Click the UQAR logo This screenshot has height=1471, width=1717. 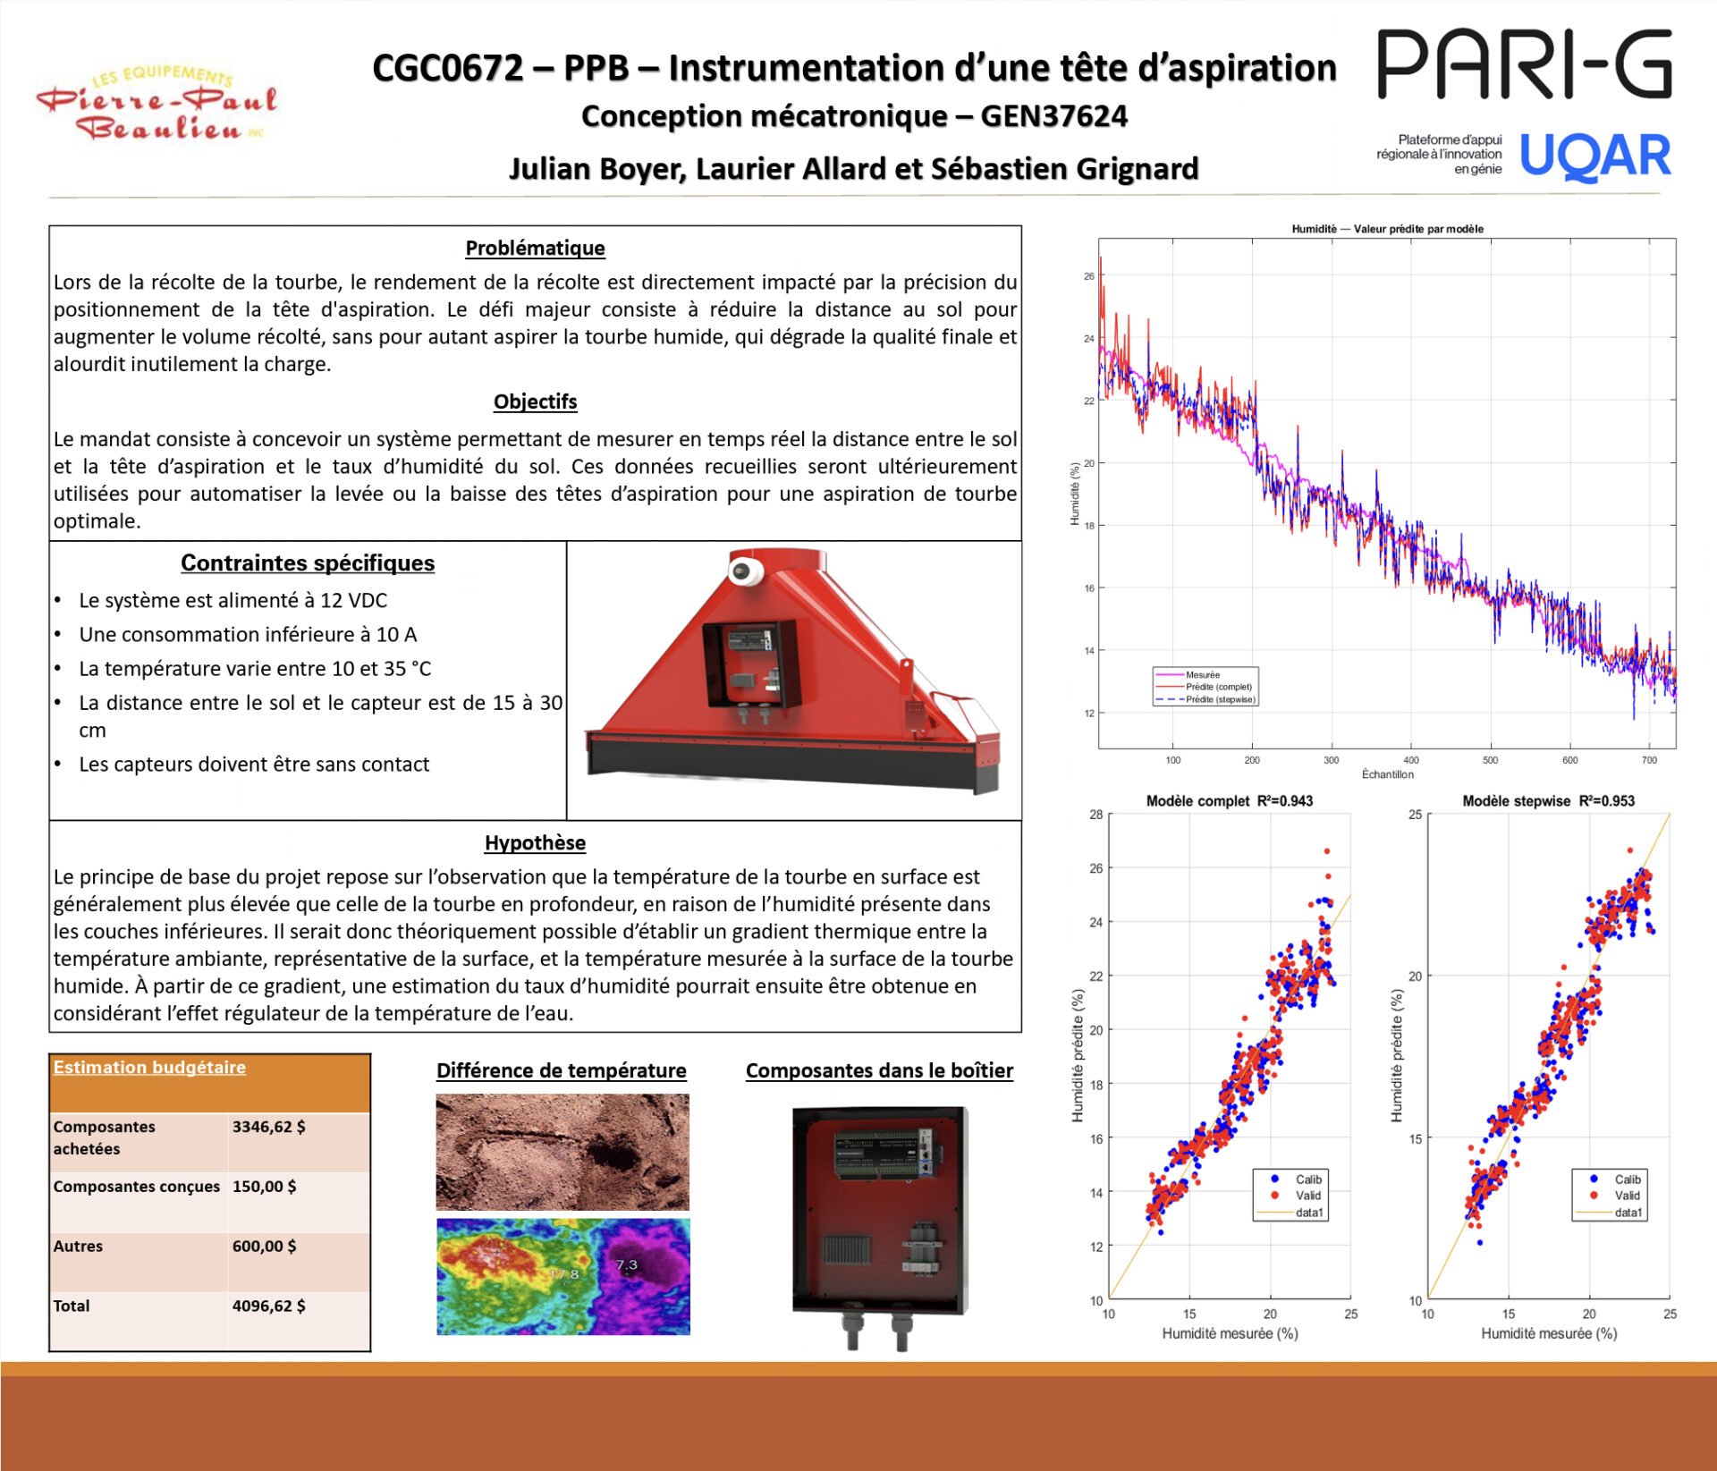coord(1594,156)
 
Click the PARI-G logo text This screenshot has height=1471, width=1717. coord(1524,64)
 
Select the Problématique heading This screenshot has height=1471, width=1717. coord(535,249)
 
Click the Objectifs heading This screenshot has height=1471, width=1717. coord(535,402)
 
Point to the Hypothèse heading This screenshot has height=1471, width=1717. coord(535,843)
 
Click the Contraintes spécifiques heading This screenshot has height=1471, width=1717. coord(308,563)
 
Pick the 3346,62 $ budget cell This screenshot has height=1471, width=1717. coord(269,1127)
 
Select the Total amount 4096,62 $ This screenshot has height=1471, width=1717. coord(269,1306)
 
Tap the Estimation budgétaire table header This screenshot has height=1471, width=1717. coord(149,1068)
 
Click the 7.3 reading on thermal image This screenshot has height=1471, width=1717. coord(627,1264)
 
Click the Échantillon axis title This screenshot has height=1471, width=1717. coord(1387,774)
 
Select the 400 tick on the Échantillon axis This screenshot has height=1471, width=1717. coord(1411,760)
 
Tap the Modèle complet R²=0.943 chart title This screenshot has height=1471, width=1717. coord(1230,801)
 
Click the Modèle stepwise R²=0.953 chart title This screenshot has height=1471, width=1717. coord(1548,801)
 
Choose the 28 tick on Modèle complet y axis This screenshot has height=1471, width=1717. coord(1096,815)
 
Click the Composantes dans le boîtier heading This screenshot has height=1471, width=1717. coord(879,1071)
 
